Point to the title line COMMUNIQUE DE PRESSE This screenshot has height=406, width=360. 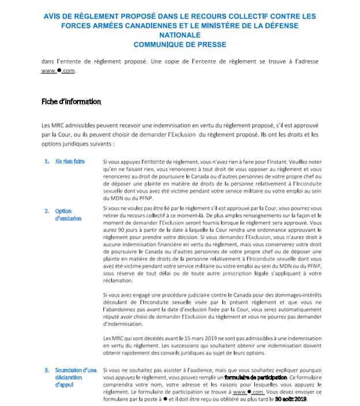coord(179,44)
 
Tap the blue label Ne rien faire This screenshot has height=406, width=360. coord(70,161)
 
